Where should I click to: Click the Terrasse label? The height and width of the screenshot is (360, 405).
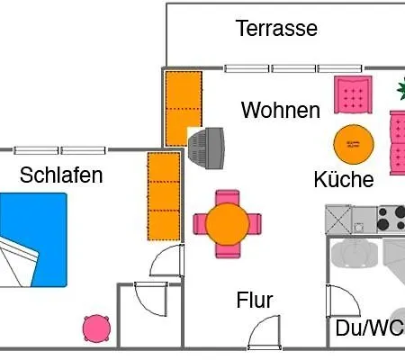[276, 29]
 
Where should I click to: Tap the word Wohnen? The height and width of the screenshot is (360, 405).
[281, 110]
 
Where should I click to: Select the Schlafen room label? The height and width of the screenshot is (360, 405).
[61, 175]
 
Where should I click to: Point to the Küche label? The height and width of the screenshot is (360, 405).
[344, 179]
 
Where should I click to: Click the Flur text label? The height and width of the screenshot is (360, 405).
[255, 300]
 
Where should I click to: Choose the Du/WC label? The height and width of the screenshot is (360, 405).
[370, 328]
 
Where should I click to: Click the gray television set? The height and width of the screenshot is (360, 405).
[206, 148]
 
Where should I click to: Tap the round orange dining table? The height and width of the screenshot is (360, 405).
[228, 224]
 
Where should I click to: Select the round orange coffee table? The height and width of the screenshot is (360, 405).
[354, 144]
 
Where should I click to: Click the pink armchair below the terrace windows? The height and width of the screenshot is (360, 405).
[354, 94]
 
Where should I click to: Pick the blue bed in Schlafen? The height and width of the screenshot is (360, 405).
[33, 240]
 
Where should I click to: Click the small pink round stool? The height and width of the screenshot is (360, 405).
[96, 328]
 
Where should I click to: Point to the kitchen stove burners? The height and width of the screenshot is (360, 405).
[391, 219]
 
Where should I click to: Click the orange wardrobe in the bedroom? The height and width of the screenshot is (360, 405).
[164, 196]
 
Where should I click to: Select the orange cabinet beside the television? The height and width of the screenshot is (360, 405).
[184, 109]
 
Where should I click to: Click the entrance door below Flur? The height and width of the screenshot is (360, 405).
[265, 333]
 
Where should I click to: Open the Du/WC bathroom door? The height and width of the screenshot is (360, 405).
[343, 301]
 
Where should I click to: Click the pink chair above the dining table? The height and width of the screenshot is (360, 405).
[228, 197]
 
